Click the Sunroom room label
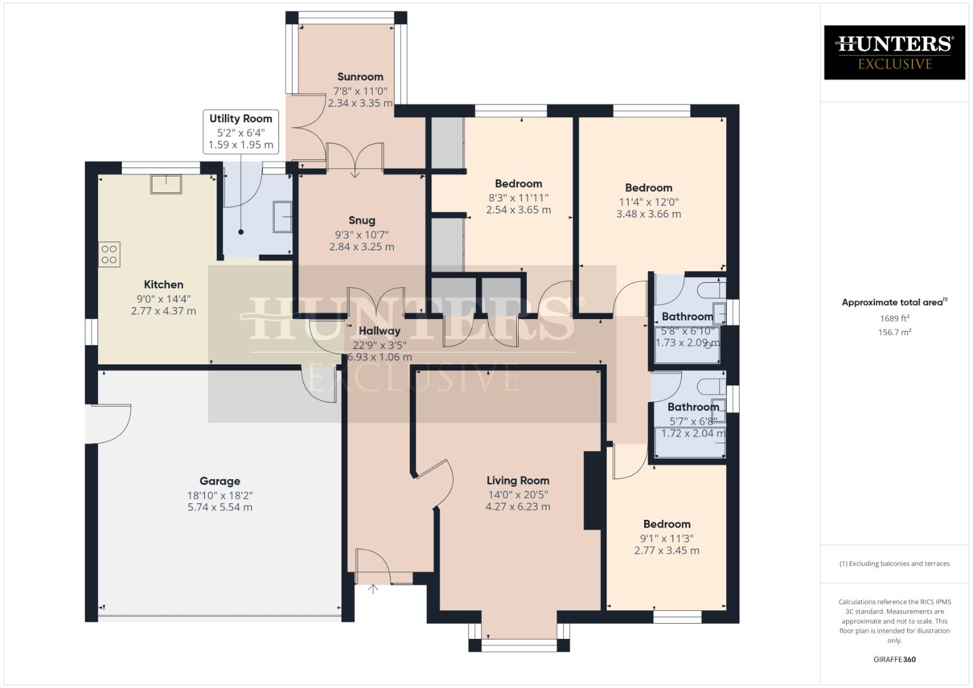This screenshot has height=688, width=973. [360, 77]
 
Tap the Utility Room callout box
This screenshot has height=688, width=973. [241, 131]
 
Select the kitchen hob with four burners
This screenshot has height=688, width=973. [109, 254]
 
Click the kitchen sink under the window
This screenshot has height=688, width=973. [166, 183]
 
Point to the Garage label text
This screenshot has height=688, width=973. [220, 482]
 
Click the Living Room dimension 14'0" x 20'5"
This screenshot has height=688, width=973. [517, 494]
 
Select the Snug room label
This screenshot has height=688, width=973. [361, 221]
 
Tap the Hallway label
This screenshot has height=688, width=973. [379, 331]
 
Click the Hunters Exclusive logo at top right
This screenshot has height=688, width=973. [894, 52]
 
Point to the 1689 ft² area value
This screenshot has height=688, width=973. [894, 319]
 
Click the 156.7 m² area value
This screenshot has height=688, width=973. [894, 332]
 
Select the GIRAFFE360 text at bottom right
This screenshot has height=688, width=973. [894, 659]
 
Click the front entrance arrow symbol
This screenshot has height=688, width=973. [373, 589]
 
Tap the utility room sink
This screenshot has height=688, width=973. [282, 217]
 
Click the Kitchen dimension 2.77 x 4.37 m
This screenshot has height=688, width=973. [164, 312]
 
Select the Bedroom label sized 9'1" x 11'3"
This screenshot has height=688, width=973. [667, 524]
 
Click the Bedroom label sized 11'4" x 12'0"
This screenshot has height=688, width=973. [648, 188]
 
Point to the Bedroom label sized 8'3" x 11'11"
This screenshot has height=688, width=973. [518, 184]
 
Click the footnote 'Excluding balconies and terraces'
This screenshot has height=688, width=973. [894, 564]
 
